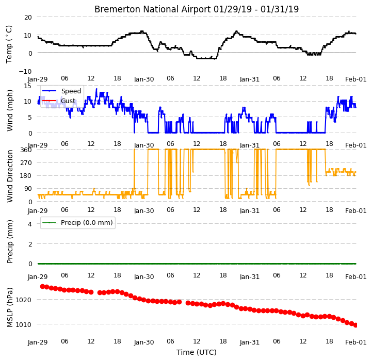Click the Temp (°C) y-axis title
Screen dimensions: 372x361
pyautogui.click(x=9, y=44)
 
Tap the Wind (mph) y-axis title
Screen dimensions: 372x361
pyautogui.click(x=10, y=110)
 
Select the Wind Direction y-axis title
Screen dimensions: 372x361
pyautogui.click(x=10, y=176)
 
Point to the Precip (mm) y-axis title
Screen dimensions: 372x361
pyautogui.click(x=10, y=241)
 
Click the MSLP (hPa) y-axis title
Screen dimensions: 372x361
pyautogui.click(x=10, y=307)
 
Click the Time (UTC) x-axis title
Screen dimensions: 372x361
pyautogui.click(x=197, y=352)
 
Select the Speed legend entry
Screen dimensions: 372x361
pyautogui.click(x=71, y=91)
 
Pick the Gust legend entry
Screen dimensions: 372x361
pyautogui.click(x=68, y=101)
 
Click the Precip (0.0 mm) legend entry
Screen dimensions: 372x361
pyautogui.click(x=87, y=223)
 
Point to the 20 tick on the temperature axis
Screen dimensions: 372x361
pyautogui.click(x=28, y=18)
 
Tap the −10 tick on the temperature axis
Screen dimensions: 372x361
pyautogui.click(x=25, y=71)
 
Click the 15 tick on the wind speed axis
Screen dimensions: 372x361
pyautogui.click(x=27, y=86)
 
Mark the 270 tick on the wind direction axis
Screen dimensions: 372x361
pyautogui.click(x=26, y=163)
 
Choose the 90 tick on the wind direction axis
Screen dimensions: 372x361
pyautogui.click(x=28, y=189)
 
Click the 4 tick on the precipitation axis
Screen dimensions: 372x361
pyautogui.click(x=29, y=224)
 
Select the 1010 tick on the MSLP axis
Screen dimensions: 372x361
pyautogui.click(x=23, y=324)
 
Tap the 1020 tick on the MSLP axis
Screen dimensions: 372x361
pyautogui.click(x=23, y=300)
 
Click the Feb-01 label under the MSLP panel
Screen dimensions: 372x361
pyautogui.click(x=355, y=342)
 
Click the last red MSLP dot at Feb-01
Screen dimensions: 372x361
pyautogui.click(x=355, y=325)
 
